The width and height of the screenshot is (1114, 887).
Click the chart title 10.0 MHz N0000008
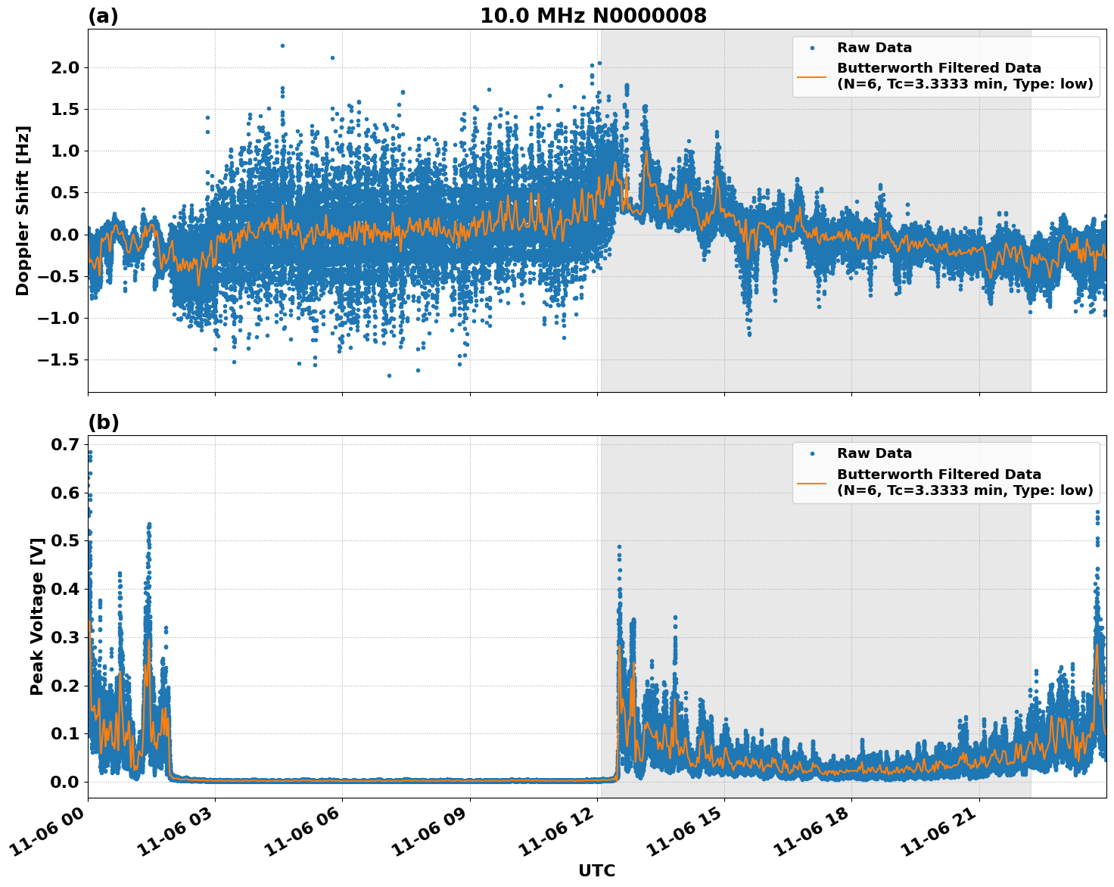point(593,16)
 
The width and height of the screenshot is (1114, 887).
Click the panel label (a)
point(103,16)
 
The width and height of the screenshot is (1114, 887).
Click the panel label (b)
point(104,422)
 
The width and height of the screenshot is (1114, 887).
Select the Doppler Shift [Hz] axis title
point(23,210)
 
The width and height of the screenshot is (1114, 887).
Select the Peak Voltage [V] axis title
point(36,616)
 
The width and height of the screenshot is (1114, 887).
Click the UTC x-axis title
point(596,870)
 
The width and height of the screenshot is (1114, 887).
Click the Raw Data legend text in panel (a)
point(874,48)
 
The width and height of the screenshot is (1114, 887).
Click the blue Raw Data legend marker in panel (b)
point(812,453)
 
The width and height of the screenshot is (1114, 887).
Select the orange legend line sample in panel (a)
point(812,76)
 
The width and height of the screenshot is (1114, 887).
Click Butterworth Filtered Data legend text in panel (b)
point(938,475)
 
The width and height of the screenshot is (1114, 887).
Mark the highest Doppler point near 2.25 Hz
point(282,45)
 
